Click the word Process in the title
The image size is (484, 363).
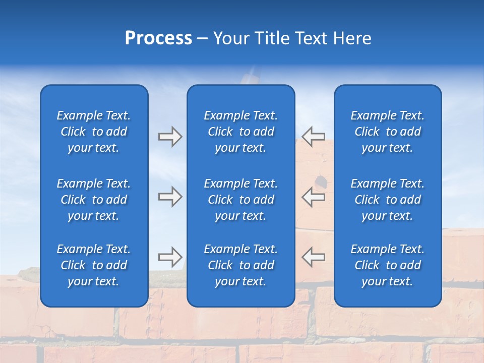[x=158, y=38]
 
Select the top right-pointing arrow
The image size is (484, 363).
[x=170, y=137]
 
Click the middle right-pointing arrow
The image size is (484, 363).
[x=170, y=197]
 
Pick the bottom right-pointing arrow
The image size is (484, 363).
[x=170, y=257]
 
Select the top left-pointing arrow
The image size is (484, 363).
[x=314, y=137]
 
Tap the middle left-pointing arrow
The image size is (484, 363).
[x=314, y=197]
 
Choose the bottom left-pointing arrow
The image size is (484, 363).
[x=314, y=257]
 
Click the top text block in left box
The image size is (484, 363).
[x=94, y=132]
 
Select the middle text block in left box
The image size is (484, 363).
[x=94, y=200]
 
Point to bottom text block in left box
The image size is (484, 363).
[x=94, y=265]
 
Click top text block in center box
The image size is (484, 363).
[x=240, y=132]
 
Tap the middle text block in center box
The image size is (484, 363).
[x=240, y=200]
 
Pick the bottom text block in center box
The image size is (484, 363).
[x=240, y=265]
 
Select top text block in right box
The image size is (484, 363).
[x=387, y=132]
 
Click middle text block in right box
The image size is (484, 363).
[x=387, y=200]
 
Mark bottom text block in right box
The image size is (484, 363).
[x=387, y=265]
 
